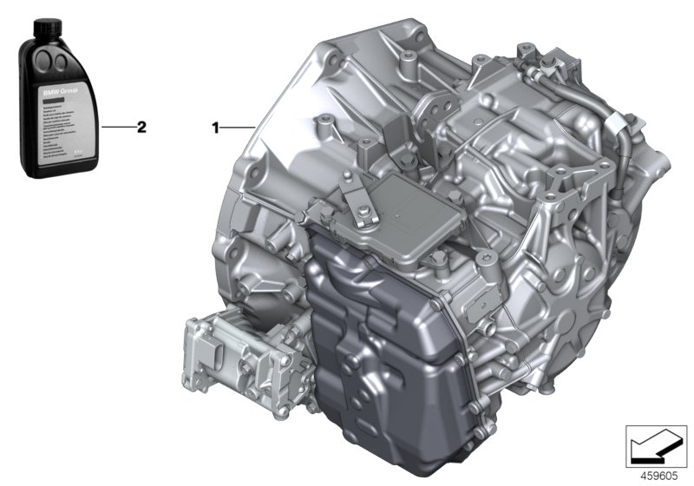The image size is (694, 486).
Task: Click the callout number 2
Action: (141, 127)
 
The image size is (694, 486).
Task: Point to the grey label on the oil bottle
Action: (60, 121)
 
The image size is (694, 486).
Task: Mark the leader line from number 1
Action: (236, 128)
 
